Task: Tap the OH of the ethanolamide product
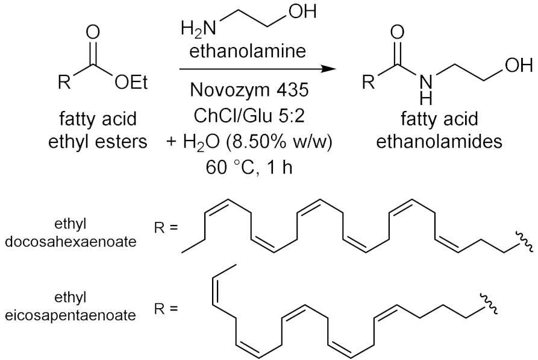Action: [x=518, y=65]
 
